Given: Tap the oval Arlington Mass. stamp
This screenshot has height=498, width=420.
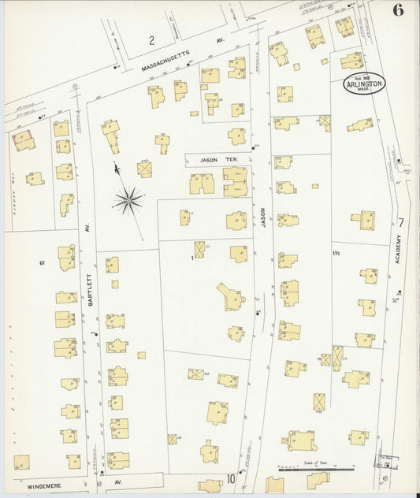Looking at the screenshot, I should [363, 85].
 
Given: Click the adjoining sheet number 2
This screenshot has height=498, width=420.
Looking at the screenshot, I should [151, 39].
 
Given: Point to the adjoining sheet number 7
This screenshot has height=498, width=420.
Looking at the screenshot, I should [402, 222].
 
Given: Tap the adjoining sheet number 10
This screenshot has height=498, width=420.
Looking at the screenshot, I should [232, 478].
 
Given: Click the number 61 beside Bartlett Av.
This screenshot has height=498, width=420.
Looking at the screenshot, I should [43, 262].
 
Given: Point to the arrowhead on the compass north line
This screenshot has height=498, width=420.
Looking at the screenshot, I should [117, 167].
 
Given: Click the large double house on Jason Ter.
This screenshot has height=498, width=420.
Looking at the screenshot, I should [235, 182].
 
